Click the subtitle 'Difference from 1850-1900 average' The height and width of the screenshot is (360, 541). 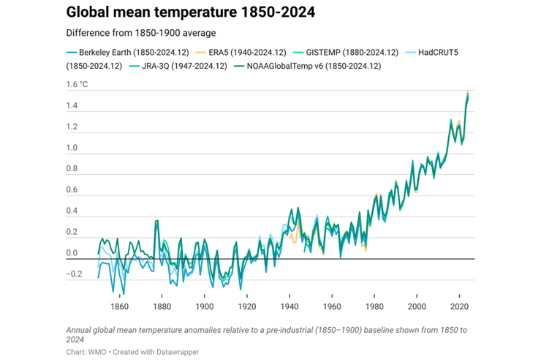140,33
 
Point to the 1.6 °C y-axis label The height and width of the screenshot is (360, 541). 76,85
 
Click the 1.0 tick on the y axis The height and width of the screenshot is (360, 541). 72,149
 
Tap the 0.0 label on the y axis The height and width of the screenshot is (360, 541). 72,254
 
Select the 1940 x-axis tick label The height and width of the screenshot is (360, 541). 290,307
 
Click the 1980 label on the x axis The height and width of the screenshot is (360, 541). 374,307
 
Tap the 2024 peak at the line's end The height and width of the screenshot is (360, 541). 468,92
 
